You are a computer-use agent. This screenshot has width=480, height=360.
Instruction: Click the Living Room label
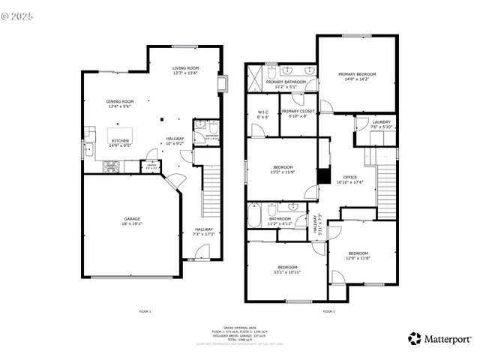[184, 70]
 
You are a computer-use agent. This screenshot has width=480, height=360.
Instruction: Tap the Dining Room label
[119, 103]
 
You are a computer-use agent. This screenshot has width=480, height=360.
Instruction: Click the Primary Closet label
[298, 114]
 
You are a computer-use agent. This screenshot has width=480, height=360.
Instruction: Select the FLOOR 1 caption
[145, 310]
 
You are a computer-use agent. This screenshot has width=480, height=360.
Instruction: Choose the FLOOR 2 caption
[329, 310]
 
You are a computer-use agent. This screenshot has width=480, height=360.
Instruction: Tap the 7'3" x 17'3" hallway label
[204, 232]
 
